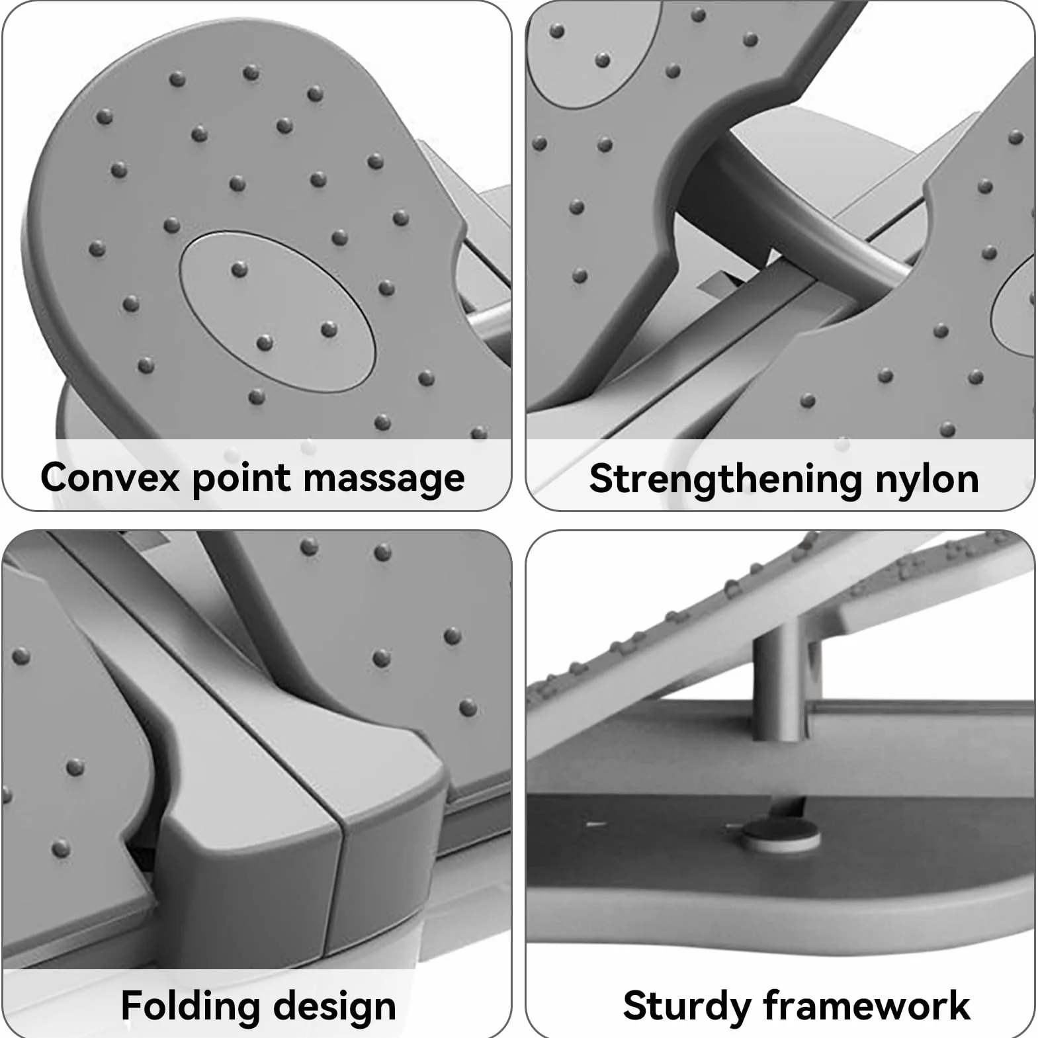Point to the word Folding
(191, 1006)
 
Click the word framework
(867, 1005)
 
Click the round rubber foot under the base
(780, 834)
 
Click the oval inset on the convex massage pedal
(278, 311)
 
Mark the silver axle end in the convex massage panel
(488, 321)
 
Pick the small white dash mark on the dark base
(596, 824)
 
